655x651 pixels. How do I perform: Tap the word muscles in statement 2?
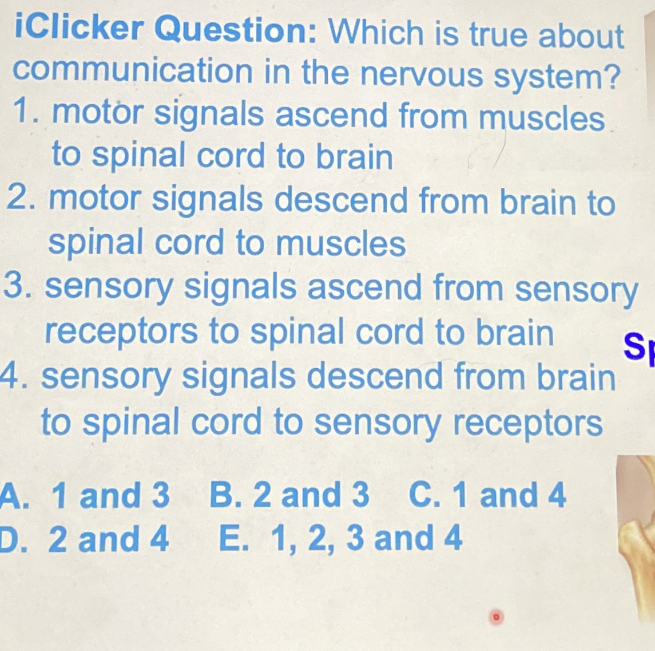[x=341, y=244]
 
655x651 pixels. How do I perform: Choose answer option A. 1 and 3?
[x=86, y=496]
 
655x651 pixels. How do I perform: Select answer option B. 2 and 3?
[x=289, y=495]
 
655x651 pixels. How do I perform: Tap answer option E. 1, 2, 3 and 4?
[x=340, y=539]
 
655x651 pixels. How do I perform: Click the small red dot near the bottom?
[x=497, y=617]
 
